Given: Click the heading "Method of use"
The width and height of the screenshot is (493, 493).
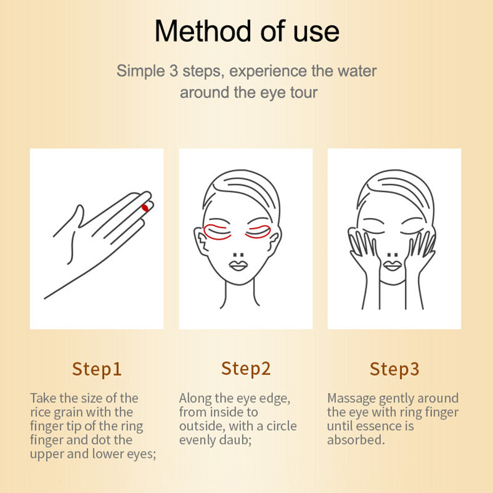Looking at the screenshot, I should tap(246, 31).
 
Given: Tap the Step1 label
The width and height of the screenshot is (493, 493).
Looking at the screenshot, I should tap(97, 369).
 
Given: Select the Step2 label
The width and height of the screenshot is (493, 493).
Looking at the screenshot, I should tap(246, 369).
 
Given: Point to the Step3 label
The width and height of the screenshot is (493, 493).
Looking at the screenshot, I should tap(394, 369).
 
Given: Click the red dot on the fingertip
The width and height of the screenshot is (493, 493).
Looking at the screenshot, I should tap(145, 208).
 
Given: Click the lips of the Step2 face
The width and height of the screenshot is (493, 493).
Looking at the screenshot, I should tap(238, 265).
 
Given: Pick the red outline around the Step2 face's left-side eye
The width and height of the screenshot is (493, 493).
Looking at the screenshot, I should tap(215, 232).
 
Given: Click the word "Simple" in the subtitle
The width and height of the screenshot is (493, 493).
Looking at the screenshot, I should tap(140, 70).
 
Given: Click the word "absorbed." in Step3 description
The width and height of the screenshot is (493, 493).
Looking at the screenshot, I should tap(356, 440).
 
